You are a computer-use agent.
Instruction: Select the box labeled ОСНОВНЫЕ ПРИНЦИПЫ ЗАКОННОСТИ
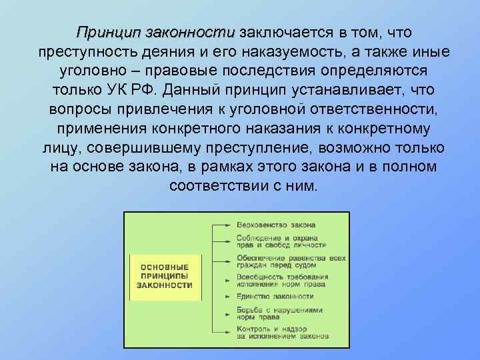tap(164, 275)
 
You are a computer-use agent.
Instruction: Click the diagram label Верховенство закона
tap(275, 225)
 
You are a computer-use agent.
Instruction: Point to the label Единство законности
tap(275, 295)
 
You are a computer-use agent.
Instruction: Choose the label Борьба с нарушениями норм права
tap(279, 313)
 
